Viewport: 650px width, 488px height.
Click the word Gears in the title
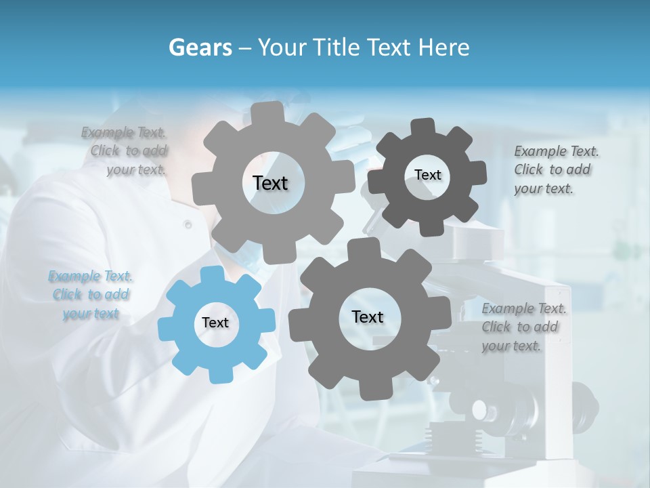click(200, 47)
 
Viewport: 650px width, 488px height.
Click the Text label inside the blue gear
click(215, 323)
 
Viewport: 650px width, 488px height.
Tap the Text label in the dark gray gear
click(427, 175)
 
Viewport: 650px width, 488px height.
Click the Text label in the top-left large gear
click(270, 183)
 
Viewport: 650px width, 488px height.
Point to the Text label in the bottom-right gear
click(368, 317)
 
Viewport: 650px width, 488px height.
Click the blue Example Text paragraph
click(91, 295)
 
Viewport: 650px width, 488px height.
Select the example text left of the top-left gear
click(125, 151)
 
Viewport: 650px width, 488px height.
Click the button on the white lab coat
click(188, 224)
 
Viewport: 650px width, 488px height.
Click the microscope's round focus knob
click(481, 409)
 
